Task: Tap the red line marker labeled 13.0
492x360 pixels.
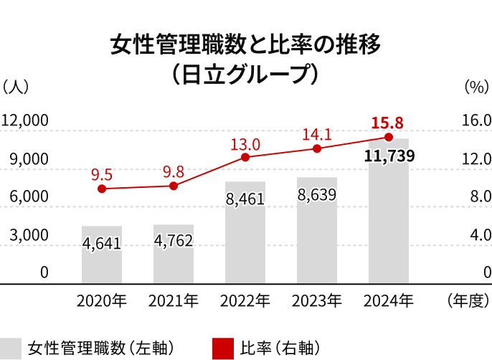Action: point(245,157)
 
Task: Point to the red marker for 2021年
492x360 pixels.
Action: point(174,186)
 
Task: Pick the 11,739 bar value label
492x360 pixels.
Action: point(389,156)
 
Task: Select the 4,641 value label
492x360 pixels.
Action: point(102,243)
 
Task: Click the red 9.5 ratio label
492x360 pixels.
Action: point(102,174)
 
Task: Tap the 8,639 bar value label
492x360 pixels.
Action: point(316,194)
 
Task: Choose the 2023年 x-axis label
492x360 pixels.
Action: point(316,300)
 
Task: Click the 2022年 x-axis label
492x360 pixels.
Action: point(245,300)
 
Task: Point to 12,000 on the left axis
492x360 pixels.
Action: point(24,120)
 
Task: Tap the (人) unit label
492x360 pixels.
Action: point(16,87)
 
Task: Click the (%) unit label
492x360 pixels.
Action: point(476,87)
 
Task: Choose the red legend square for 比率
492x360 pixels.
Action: point(223,348)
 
